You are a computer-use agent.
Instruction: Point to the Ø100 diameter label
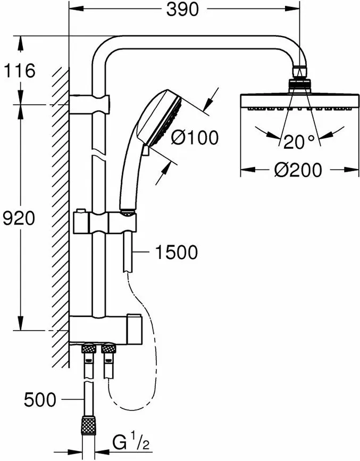click(195, 138)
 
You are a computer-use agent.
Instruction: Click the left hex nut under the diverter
click(86, 349)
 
